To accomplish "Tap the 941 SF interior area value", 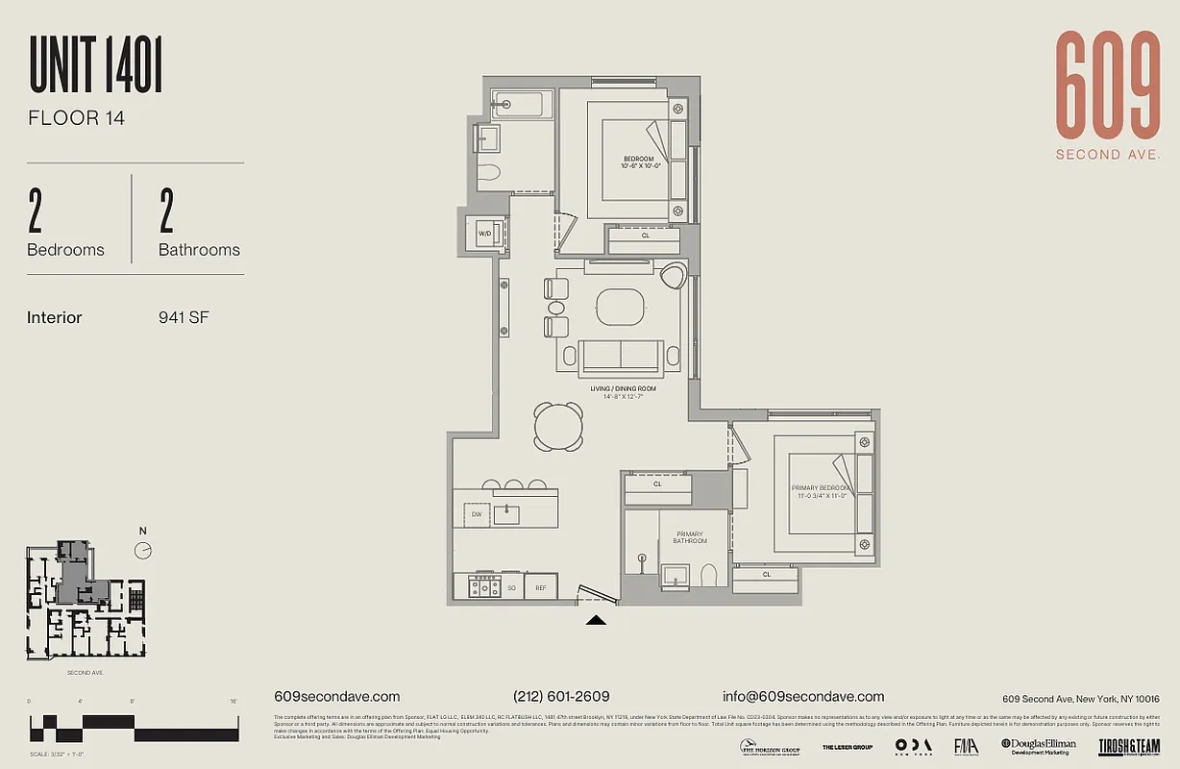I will tap(184, 317).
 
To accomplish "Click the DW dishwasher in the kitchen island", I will tap(476, 514).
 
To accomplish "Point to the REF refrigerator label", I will tap(540, 586).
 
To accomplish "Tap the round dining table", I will tap(558, 425).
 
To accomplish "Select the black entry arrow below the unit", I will tap(597, 621).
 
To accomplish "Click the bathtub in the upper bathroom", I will tap(520, 103).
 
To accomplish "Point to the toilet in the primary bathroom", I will tap(709, 575).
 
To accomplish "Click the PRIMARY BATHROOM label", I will tap(689, 537).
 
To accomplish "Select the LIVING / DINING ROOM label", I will tap(623, 389).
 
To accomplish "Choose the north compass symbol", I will tap(143, 550).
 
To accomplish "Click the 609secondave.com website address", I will tap(336, 697).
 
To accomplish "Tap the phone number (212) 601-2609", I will tap(561, 697).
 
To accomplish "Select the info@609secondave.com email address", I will tap(803, 697).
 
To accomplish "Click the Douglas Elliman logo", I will tap(1039, 745).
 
